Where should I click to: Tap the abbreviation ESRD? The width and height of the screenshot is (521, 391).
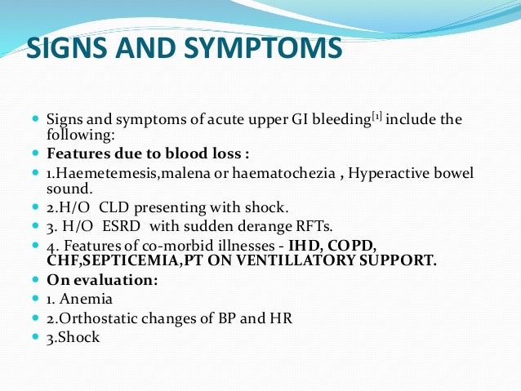click(x=121, y=226)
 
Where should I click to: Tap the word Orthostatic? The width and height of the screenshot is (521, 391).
click(x=102, y=317)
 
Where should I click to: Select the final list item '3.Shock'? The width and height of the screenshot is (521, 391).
click(x=73, y=335)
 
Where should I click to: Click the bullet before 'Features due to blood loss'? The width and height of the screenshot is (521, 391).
click(x=35, y=153)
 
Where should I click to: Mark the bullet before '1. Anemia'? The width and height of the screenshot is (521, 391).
click(x=35, y=298)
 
